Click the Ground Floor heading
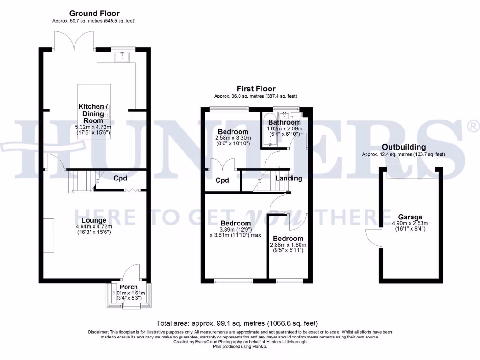(x=94, y=14)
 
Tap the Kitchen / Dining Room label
(x=93, y=113)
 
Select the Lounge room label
(x=94, y=220)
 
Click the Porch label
(x=129, y=287)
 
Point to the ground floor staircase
(x=79, y=181)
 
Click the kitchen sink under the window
(x=124, y=57)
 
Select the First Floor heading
(x=256, y=89)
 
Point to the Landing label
(x=288, y=178)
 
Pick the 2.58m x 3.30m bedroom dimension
(x=233, y=138)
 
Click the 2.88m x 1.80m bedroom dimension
(x=288, y=245)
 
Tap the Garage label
(x=410, y=217)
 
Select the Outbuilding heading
(x=403, y=147)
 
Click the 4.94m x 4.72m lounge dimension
(x=94, y=226)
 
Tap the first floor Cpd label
(x=222, y=180)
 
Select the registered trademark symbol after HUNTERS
(x=473, y=125)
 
